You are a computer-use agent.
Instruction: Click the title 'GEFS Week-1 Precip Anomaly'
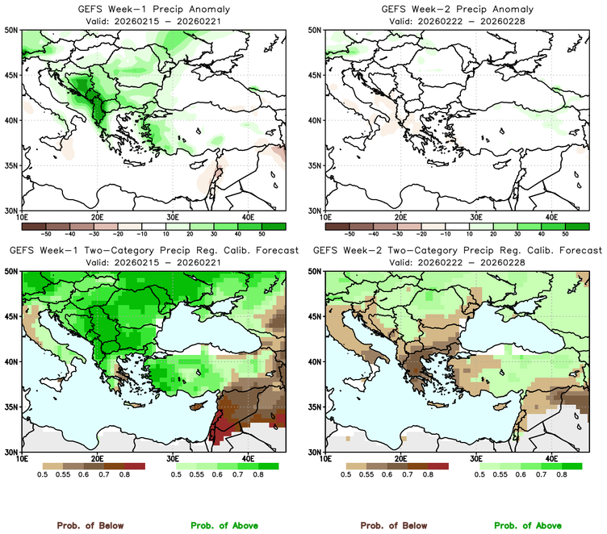[x=153, y=9]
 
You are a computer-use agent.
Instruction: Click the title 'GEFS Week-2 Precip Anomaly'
[x=456, y=9]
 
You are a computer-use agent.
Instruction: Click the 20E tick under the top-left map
[x=97, y=217]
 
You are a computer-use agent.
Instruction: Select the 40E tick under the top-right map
[x=551, y=217]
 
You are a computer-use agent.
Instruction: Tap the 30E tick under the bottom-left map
[x=173, y=459]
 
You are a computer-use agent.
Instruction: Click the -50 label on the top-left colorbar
[x=46, y=233]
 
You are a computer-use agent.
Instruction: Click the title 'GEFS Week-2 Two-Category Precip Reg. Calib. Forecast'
[x=457, y=251]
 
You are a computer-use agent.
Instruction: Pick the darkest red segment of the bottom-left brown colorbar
[x=134, y=466]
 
